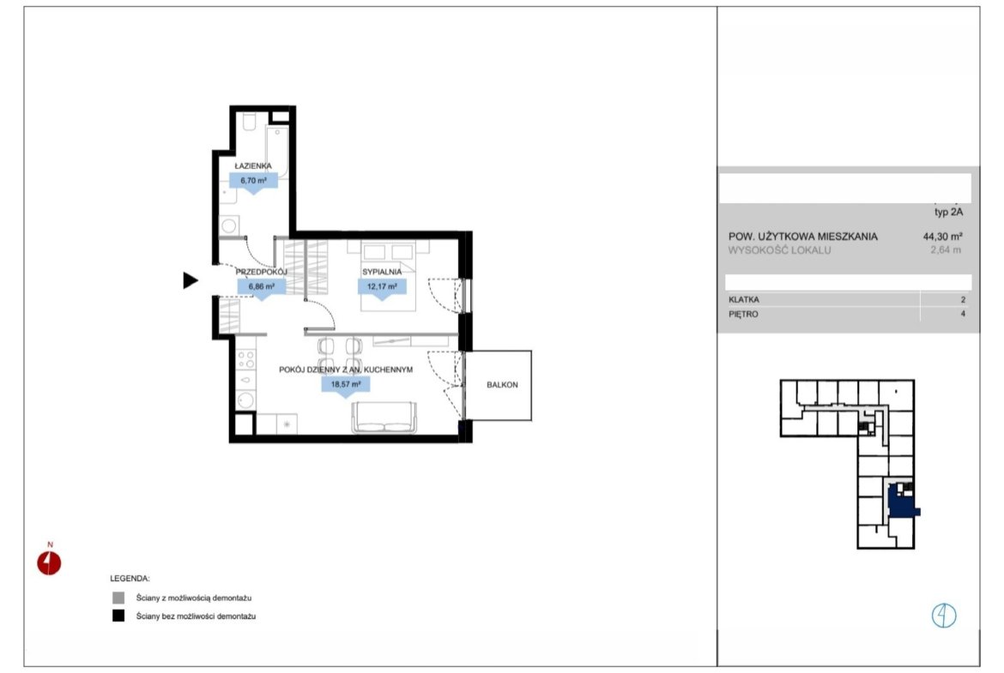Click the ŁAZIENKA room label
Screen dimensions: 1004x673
(x=253, y=165)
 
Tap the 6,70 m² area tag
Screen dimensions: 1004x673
(x=253, y=181)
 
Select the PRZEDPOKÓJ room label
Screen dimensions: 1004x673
(x=261, y=272)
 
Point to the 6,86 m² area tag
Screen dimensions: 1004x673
(x=261, y=286)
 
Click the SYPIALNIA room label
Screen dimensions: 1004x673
(x=382, y=272)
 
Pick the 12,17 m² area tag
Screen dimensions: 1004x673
(x=382, y=286)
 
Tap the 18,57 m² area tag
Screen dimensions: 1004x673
(x=346, y=384)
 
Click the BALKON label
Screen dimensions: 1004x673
(x=502, y=384)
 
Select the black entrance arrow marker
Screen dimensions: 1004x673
(x=191, y=280)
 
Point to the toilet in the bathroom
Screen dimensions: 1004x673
(x=250, y=122)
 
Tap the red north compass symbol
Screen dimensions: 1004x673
(x=49, y=562)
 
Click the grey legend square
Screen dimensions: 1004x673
(x=118, y=598)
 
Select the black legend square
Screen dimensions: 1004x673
(x=118, y=616)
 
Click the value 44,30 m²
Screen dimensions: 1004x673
(x=942, y=236)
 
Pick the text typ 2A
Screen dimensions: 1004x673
(x=949, y=212)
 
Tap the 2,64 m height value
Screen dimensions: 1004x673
(x=946, y=250)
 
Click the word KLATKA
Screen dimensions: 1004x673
(x=744, y=299)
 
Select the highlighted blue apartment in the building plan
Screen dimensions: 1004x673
(x=902, y=502)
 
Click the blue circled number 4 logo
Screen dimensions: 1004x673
(x=944, y=616)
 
